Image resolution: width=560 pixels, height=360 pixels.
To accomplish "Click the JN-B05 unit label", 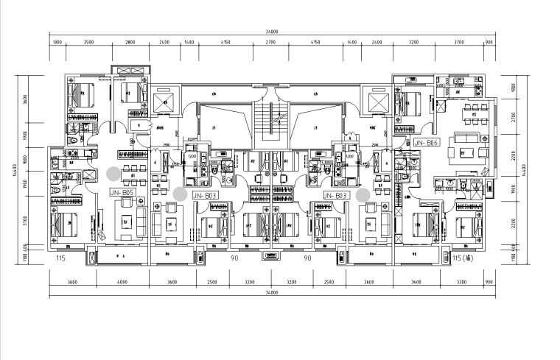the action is [122, 192].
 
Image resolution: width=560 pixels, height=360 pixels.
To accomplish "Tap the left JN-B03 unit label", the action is [203, 196].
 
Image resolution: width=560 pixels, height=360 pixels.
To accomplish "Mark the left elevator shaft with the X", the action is [166, 102].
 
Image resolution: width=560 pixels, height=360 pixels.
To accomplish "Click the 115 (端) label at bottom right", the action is [465, 259].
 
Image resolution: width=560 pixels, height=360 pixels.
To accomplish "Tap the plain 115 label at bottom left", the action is [61, 259].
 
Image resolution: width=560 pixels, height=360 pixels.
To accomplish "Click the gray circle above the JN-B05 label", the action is [112, 174].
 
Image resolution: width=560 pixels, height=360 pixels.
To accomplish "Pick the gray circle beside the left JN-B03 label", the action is [180, 193].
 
